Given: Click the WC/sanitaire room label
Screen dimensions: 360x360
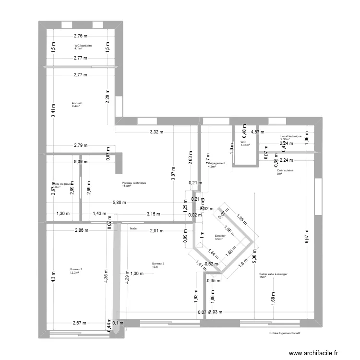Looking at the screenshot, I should tap(83, 45).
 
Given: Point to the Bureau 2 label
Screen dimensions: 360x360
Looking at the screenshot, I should tap(158, 264).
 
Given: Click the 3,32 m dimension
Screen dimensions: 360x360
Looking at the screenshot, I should tap(156, 132).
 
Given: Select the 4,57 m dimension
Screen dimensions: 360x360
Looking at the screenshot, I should tap(258, 132).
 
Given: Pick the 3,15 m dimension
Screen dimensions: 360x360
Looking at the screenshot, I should tap(154, 214).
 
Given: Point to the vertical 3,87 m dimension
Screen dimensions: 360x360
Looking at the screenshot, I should tap(173, 173).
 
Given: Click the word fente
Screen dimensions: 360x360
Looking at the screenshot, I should tap(133, 228).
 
